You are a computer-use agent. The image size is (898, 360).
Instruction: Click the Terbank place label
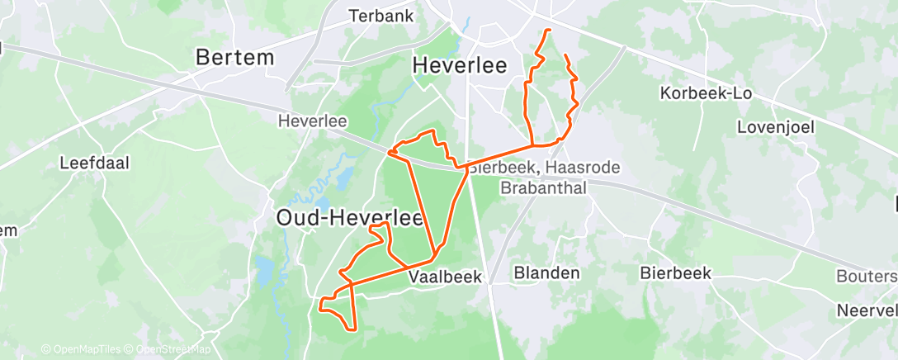click(380, 16)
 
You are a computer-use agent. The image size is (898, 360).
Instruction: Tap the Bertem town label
click(234, 58)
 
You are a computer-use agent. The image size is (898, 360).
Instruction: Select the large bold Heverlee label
click(459, 64)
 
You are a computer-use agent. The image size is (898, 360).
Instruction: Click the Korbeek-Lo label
click(706, 93)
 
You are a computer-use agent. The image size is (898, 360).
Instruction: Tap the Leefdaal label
click(96, 163)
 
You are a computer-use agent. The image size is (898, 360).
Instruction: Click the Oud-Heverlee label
click(348, 218)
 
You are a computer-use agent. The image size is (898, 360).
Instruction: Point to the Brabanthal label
click(544, 187)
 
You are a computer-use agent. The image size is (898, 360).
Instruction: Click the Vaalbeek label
click(445, 278)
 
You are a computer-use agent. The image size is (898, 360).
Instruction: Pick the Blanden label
click(546, 272)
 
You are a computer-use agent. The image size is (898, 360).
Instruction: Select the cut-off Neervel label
click(867, 311)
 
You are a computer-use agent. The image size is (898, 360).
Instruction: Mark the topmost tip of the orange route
click(548, 31)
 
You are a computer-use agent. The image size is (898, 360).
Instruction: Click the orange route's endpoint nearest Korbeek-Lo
click(565, 55)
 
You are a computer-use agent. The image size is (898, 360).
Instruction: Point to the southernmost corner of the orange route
click(355, 329)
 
